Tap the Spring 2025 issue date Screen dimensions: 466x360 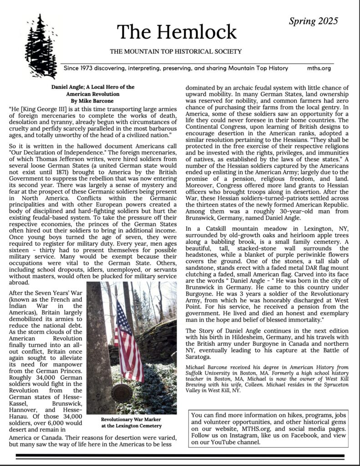click(x=313, y=20)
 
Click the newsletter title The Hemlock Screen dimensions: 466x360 click(x=177, y=31)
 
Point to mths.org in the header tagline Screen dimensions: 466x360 click(x=319, y=68)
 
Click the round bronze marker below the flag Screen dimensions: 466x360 click(x=122, y=392)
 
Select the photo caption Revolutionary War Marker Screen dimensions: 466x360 click(x=131, y=419)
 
